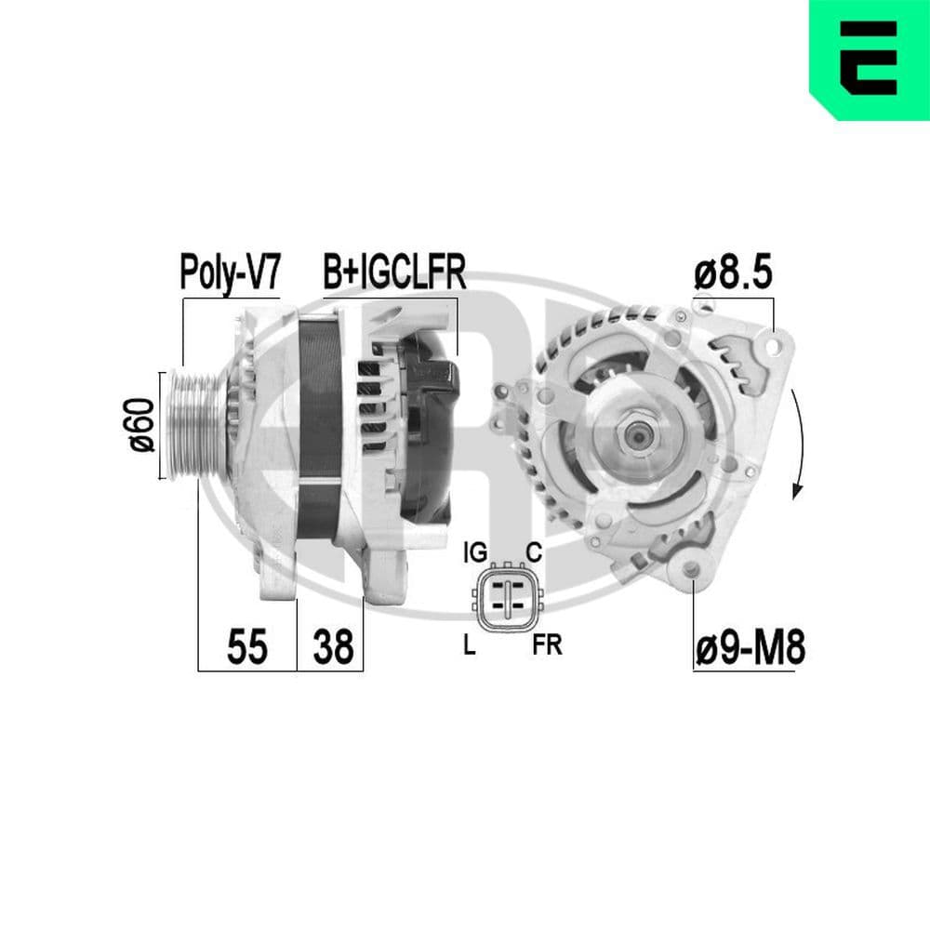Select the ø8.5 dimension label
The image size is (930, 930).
(734, 275)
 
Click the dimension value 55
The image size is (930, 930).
(247, 646)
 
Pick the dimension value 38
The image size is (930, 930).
(331, 646)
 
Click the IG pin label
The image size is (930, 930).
(474, 552)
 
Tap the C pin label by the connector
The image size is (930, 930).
(534, 552)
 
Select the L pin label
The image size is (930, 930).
(470, 645)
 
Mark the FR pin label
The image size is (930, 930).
(548, 645)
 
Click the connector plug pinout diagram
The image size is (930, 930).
(506, 599)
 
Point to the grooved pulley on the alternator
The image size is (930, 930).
(193, 424)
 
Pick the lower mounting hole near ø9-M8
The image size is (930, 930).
(691, 570)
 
